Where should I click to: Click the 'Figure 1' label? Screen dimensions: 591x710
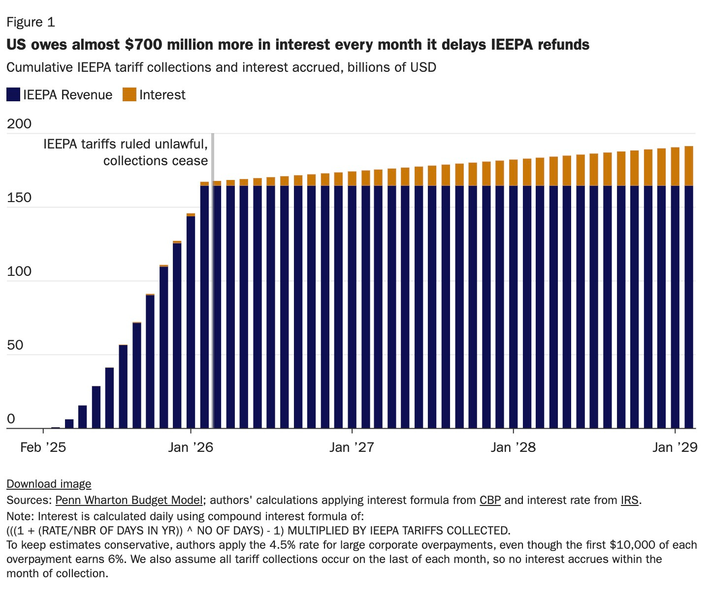tap(31, 23)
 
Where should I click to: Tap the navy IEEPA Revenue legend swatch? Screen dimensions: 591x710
tap(13, 94)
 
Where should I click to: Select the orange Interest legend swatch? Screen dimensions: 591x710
tap(129, 94)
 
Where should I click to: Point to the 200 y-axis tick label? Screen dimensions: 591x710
tap(19, 124)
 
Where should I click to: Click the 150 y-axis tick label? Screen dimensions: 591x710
tap(19, 198)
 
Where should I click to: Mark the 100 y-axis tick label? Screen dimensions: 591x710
tap(19, 271)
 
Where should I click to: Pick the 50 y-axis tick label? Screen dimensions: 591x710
tap(15, 345)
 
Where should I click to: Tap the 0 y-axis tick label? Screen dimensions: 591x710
tap(11, 419)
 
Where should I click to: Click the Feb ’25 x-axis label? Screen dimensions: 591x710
tap(43, 447)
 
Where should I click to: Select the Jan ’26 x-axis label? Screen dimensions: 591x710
tap(191, 447)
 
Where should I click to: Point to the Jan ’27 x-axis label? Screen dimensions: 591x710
tap(352, 447)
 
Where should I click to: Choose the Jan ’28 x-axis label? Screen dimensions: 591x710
tap(513, 447)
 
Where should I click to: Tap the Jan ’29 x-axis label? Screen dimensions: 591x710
tap(675, 447)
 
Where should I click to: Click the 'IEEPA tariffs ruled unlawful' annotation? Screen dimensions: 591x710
tap(126, 145)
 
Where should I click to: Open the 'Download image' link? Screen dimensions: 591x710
tap(49, 484)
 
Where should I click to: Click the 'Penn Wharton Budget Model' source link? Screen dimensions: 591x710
tap(129, 501)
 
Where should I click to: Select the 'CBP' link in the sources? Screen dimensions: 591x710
tap(490, 501)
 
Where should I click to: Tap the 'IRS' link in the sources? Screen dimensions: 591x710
tap(629, 501)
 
